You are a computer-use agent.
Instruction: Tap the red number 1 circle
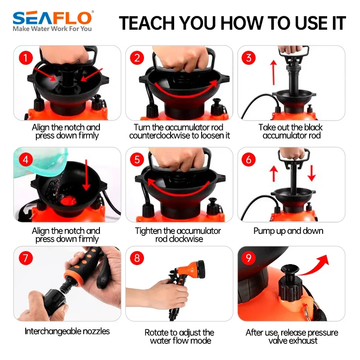coord(26,58)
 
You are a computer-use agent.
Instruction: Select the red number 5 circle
coord(137,159)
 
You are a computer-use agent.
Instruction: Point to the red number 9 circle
coord(249,258)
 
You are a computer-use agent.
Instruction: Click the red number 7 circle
coord(26,258)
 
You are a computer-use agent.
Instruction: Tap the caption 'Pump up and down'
coord(288,231)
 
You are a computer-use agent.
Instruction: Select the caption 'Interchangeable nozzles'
coord(67,331)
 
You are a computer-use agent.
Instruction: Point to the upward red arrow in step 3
coord(273,72)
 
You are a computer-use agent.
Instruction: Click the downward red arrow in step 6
coord(311,173)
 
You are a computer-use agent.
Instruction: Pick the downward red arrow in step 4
coord(86,175)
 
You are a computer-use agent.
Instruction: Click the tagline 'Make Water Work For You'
coord(52,29)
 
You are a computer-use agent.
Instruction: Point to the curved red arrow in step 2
coord(186,90)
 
